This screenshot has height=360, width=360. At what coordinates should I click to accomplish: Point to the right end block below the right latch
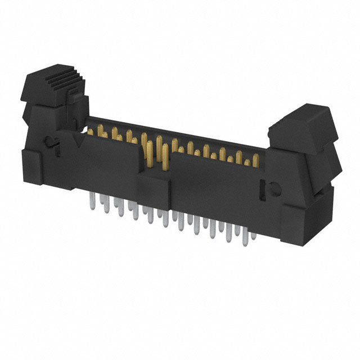click(x=307, y=219)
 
